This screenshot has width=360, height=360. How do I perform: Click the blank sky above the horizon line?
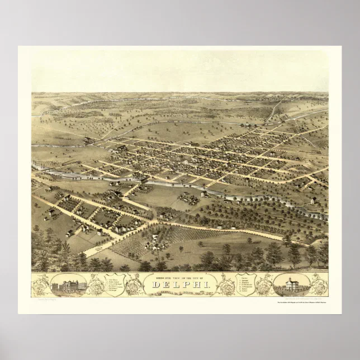(x=180, y=70)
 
